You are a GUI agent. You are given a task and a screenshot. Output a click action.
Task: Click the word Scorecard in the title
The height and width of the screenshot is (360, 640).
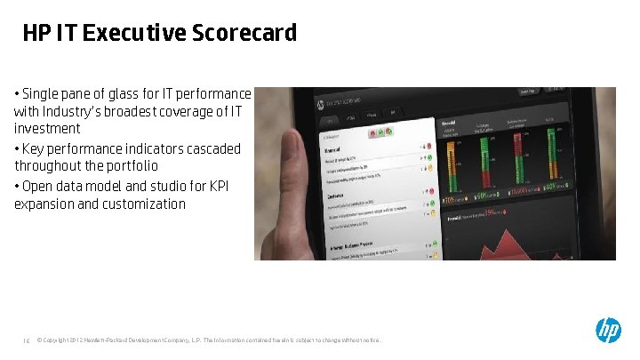point(245,34)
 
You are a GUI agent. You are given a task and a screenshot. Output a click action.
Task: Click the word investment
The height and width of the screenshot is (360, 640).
point(47,129)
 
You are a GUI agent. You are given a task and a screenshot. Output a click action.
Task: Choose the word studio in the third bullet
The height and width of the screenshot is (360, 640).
point(175,185)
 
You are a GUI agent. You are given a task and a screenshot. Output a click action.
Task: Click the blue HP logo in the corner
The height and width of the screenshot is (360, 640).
point(608,331)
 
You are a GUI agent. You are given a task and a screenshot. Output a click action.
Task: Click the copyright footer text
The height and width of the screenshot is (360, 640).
point(210,339)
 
